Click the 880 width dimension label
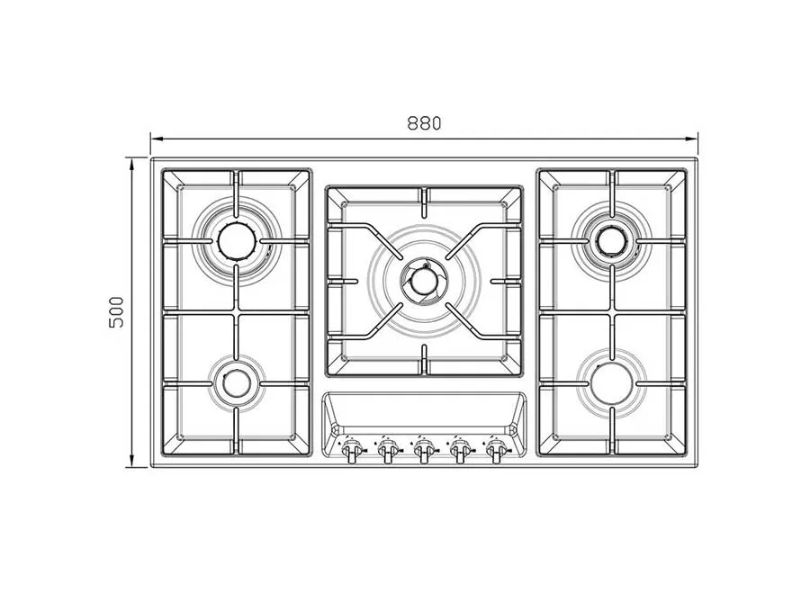[424, 124]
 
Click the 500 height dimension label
[117, 312]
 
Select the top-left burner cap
[237, 239]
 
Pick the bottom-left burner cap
[237, 383]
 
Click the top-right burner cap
[612, 239]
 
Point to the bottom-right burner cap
[612, 383]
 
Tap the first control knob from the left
[352, 450]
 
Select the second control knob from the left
[387, 450]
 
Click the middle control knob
[423, 450]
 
